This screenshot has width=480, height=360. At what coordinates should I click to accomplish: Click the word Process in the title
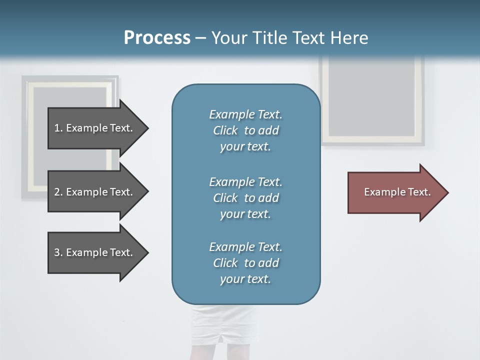(157, 38)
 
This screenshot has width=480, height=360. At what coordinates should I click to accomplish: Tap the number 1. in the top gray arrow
(58, 128)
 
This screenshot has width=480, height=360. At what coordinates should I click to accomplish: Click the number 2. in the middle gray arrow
(58, 192)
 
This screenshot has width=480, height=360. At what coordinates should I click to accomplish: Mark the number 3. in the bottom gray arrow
(58, 252)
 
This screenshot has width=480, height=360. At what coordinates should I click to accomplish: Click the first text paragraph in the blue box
(245, 130)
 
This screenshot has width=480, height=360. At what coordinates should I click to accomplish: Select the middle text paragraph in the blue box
(245, 198)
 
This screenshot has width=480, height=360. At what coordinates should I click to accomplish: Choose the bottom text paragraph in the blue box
(245, 263)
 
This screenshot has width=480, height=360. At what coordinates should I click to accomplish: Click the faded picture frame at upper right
(372, 100)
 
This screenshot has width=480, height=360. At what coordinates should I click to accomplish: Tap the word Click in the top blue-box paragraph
(225, 130)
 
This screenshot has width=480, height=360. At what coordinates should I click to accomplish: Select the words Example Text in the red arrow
(397, 192)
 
